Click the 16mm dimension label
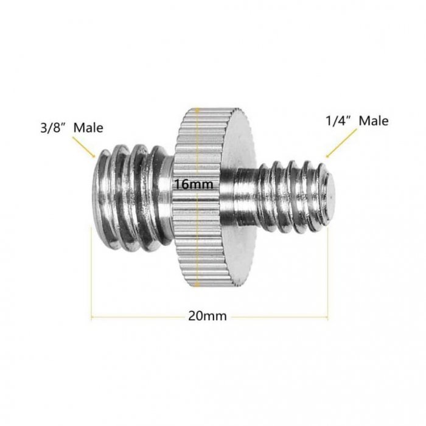[x=194, y=184]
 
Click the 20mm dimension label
[x=208, y=316]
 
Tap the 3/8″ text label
[x=54, y=128]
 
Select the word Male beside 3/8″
[x=88, y=128]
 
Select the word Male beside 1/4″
[x=374, y=121]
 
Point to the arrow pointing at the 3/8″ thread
[x=83, y=147]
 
